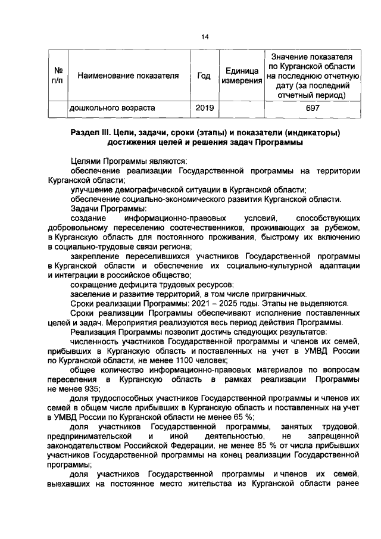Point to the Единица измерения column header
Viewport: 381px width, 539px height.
point(241,76)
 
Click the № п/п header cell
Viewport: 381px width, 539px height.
point(58,76)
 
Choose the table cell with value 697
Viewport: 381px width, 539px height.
point(313,108)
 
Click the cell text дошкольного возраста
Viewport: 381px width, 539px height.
point(113,108)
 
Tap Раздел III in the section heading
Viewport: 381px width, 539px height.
point(92,132)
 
